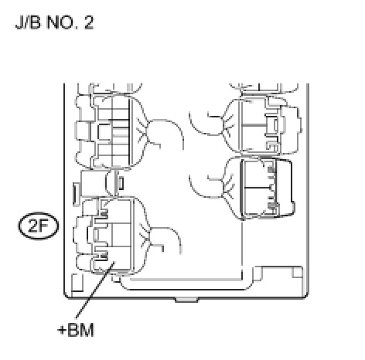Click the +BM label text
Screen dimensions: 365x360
click(76, 330)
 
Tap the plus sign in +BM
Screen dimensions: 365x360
click(62, 330)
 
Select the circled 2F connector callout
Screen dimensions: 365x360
click(39, 226)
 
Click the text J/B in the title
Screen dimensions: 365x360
click(28, 22)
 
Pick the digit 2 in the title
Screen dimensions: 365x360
click(89, 22)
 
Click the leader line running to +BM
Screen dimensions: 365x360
click(95, 290)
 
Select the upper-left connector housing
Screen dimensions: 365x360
click(111, 131)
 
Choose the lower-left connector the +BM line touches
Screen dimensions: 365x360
click(111, 236)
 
